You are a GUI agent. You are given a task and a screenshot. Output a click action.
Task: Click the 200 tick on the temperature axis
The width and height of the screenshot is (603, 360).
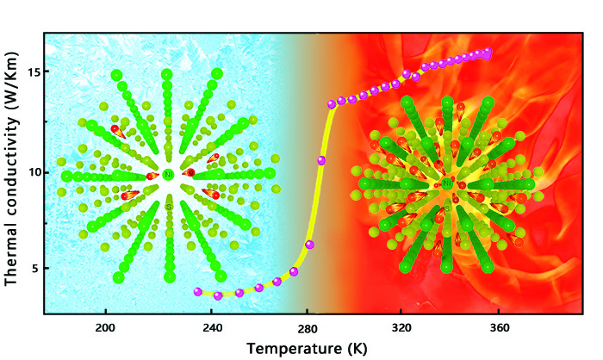click(105, 327)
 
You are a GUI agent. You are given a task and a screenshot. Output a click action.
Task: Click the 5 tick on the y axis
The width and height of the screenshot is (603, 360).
click(33, 269)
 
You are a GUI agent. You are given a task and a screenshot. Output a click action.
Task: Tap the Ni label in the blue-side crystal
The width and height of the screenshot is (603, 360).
click(167, 175)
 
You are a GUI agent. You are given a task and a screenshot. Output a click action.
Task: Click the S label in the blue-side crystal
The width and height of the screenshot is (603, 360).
click(169, 207)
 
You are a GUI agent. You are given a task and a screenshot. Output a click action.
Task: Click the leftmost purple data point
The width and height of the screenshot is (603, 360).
click(197, 292)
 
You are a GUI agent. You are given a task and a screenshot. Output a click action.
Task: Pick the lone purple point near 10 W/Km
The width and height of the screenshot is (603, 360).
click(321, 160)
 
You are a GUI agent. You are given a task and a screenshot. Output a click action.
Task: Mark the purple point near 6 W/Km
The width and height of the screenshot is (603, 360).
click(309, 245)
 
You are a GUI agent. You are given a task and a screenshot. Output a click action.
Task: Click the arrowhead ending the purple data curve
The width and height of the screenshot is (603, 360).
click(488, 54)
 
